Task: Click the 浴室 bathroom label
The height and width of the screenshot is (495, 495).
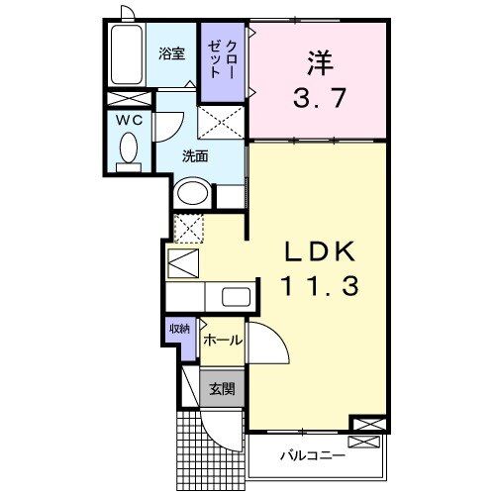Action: pos(171,54)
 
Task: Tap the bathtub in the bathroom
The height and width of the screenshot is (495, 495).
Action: pos(127,55)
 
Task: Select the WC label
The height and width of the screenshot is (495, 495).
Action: pos(130,121)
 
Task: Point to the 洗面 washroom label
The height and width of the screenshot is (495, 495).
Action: pos(195,155)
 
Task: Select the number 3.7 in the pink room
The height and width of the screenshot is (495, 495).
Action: pos(317,99)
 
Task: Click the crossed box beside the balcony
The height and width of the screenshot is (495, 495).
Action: pos(365,426)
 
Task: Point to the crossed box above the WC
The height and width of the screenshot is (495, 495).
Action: pos(129,99)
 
